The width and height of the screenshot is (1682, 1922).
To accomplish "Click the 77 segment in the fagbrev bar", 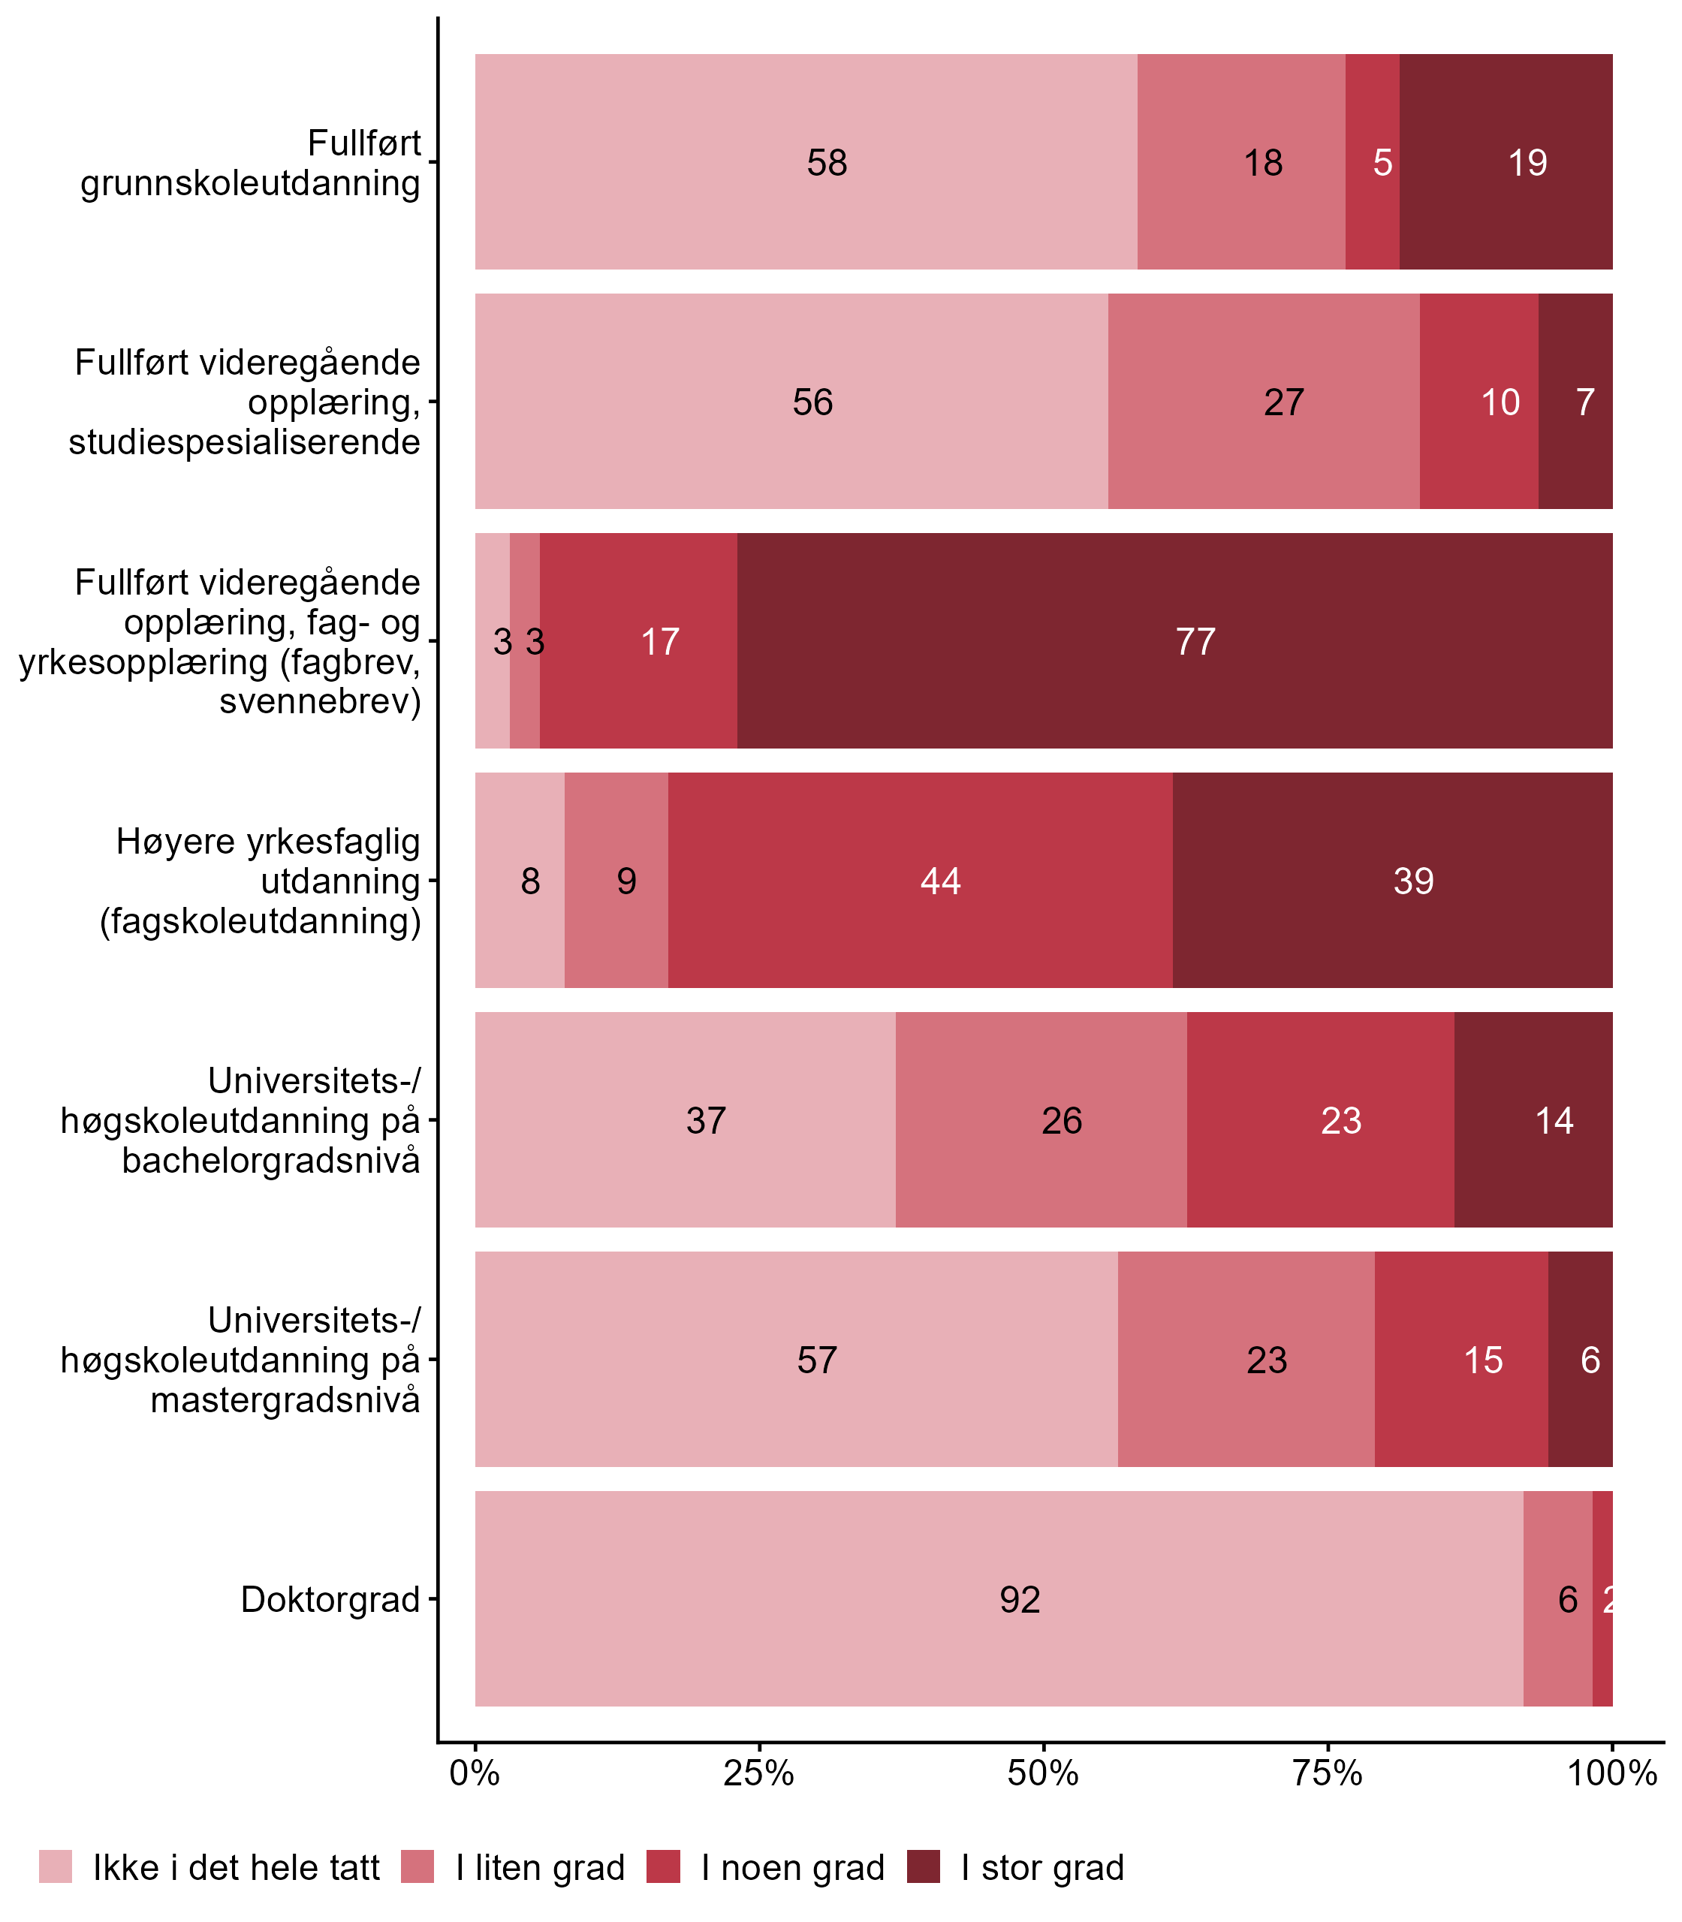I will pos(1174,641).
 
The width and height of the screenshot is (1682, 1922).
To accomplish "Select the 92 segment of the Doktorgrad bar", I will pos(999,1599).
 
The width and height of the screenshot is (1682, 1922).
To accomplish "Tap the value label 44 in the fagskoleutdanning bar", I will pos(940,881).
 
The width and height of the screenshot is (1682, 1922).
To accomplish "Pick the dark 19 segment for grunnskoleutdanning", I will pos(1506,162).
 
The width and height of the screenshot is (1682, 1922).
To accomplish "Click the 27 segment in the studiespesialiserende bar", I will pos(1263,402).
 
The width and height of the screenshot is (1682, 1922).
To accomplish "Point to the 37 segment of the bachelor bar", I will pos(685,1120).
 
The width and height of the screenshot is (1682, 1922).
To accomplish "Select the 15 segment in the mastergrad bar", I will pos(1461,1360).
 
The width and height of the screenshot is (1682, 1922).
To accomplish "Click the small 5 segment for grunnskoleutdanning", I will pos(1373,162).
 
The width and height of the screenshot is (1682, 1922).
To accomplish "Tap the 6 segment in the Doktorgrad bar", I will pos(1558,1599).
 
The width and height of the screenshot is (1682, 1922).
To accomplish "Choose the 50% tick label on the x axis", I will pos(1043,1773).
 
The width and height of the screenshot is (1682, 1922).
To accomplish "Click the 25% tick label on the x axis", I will pos(758,1773).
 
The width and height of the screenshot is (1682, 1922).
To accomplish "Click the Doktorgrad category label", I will pos(330,1599).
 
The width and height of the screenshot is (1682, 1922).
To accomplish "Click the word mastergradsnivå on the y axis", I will pos(285,1400).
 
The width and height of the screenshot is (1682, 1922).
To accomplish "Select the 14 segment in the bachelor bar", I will pos(1533,1120).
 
